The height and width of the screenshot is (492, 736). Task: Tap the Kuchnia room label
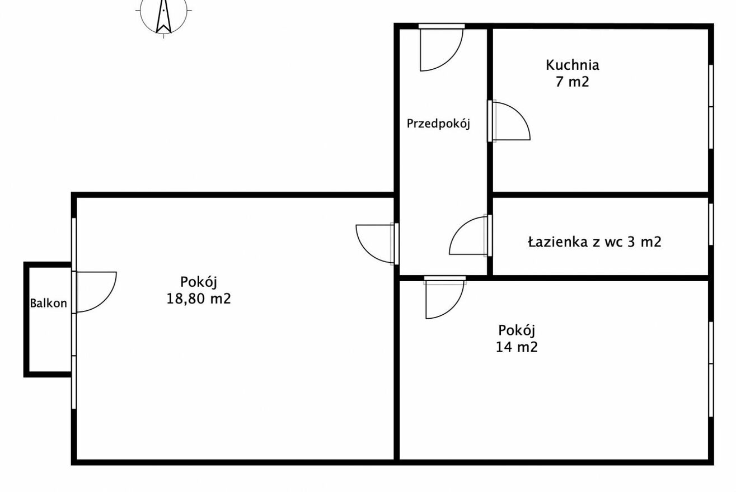click(x=573, y=65)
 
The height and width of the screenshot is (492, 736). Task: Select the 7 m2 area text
click(x=573, y=82)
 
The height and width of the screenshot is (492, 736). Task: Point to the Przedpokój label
click(x=438, y=124)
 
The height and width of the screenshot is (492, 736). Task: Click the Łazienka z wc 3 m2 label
click(x=594, y=242)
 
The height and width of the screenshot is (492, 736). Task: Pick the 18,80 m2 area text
click(x=199, y=299)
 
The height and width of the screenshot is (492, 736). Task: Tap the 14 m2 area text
click(x=517, y=347)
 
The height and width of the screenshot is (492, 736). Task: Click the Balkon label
click(x=48, y=303)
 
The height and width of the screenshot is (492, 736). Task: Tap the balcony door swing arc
click(x=107, y=300)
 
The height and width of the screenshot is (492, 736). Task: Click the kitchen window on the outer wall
click(x=711, y=107)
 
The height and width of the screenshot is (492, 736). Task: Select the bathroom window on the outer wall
click(x=711, y=224)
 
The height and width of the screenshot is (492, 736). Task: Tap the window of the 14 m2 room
click(x=711, y=369)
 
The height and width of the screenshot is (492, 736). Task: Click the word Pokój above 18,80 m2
click(x=199, y=282)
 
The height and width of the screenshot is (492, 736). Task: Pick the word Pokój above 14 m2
click(x=517, y=330)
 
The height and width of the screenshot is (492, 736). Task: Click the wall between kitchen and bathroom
click(x=601, y=195)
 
